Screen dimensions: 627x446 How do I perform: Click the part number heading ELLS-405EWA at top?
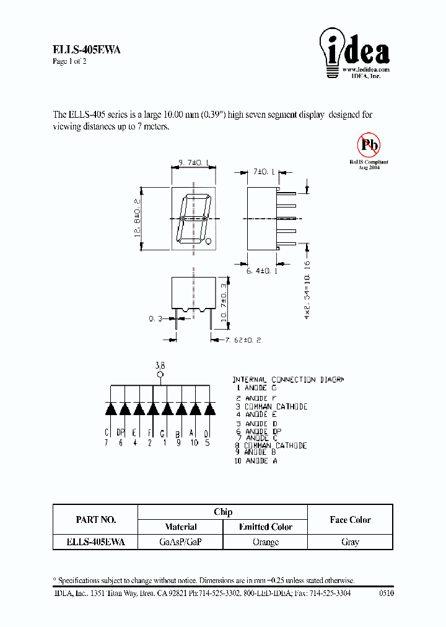pyautogui.click(x=87, y=51)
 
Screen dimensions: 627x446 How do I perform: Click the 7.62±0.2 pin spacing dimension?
pyautogui.click(x=238, y=340)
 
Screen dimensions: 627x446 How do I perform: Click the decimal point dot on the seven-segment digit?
pyautogui.click(x=209, y=242)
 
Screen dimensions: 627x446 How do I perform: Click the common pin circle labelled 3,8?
pyautogui.click(x=160, y=375)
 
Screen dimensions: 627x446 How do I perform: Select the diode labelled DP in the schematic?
pyautogui.click(x=125, y=409)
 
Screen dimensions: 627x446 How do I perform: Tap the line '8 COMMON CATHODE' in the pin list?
pyautogui.click(x=271, y=445)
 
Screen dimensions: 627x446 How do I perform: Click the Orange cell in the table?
pyautogui.click(x=266, y=542)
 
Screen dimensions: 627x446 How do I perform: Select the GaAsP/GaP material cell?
pyautogui.click(x=180, y=542)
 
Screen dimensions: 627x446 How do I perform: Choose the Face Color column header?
pyautogui.click(x=350, y=520)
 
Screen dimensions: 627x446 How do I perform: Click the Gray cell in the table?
pyautogui.click(x=350, y=542)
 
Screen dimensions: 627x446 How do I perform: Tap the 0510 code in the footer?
pyautogui.click(x=385, y=593)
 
